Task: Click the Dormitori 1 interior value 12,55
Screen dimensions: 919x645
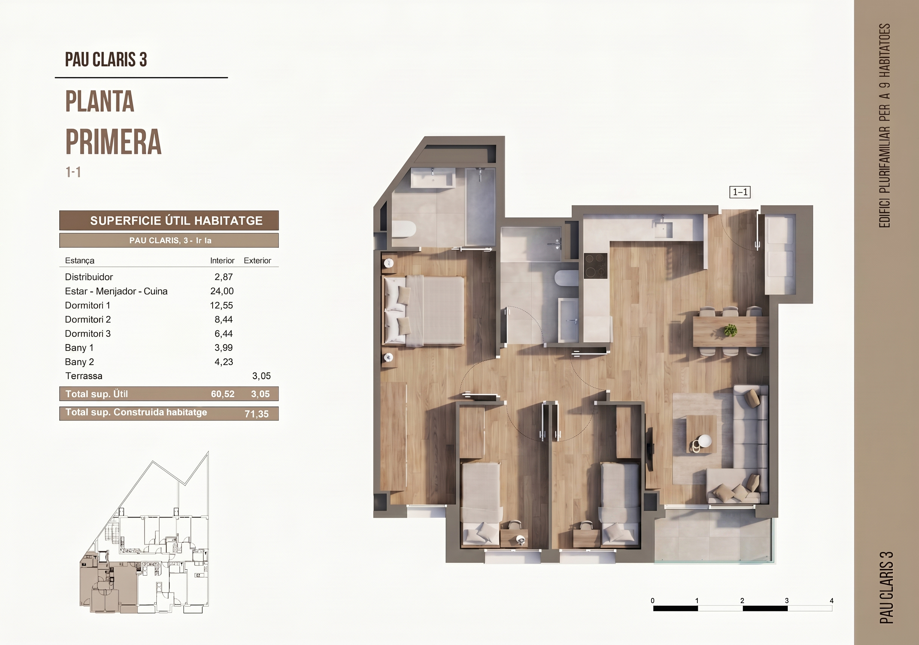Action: [x=221, y=305]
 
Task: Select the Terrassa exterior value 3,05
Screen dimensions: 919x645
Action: [x=261, y=376]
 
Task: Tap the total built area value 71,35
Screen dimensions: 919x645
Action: [x=257, y=414]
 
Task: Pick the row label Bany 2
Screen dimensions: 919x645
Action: [x=79, y=362]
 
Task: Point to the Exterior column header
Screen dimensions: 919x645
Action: [x=257, y=261]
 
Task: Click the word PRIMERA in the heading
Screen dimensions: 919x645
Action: [x=113, y=142]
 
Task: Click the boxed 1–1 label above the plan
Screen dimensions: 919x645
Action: [x=740, y=192]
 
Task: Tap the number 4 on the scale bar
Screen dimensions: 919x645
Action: [x=831, y=601]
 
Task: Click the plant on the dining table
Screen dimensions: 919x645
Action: [x=731, y=330]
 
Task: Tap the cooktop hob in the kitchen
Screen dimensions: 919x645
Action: [x=595, y=266]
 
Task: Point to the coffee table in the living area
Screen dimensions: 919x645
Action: [x=702, y=434]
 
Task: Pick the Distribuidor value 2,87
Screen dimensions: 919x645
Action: [x=223, y=277]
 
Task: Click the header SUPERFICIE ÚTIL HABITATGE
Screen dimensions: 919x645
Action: [x=176, y=221]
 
